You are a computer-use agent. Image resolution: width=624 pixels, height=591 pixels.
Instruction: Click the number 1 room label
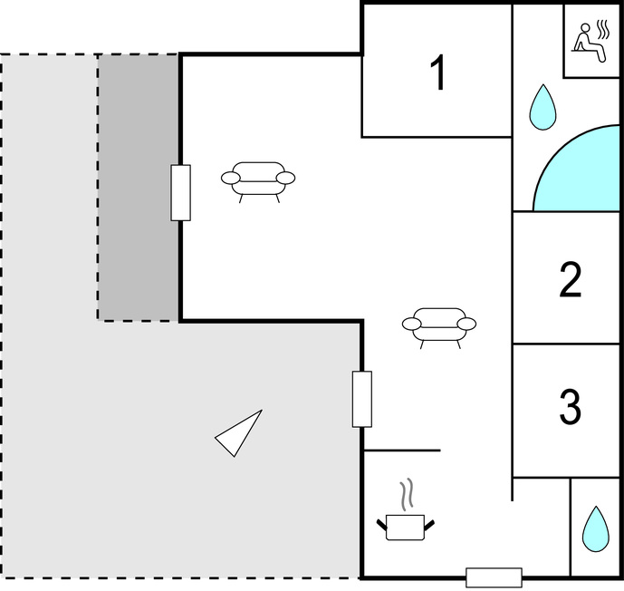437,73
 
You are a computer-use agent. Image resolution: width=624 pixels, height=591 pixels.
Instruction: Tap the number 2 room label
571,279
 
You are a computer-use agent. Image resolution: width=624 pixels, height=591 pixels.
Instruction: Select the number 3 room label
571,407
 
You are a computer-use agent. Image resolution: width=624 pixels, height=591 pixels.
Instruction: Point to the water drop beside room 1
542,107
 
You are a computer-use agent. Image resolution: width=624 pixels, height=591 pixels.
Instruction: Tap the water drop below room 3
596,528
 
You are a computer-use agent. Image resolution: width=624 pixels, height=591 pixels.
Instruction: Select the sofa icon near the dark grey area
258,182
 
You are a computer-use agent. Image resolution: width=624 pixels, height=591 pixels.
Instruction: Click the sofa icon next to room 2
439,328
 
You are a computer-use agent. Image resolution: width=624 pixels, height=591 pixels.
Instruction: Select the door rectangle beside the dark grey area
180,193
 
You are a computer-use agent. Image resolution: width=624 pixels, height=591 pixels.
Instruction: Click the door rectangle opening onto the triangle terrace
362,399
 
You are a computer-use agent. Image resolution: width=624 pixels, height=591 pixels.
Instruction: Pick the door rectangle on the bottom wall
494,578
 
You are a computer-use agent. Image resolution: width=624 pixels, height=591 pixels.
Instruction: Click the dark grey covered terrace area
138,187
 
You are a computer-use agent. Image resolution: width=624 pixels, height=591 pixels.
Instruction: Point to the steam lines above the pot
407,494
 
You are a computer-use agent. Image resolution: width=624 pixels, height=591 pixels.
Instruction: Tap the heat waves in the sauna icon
603,30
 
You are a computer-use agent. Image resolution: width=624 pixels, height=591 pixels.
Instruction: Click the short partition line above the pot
402,451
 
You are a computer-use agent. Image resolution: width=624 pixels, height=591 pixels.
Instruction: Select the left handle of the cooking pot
382,525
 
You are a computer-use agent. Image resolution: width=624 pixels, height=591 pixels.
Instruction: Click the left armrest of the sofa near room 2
411,325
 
